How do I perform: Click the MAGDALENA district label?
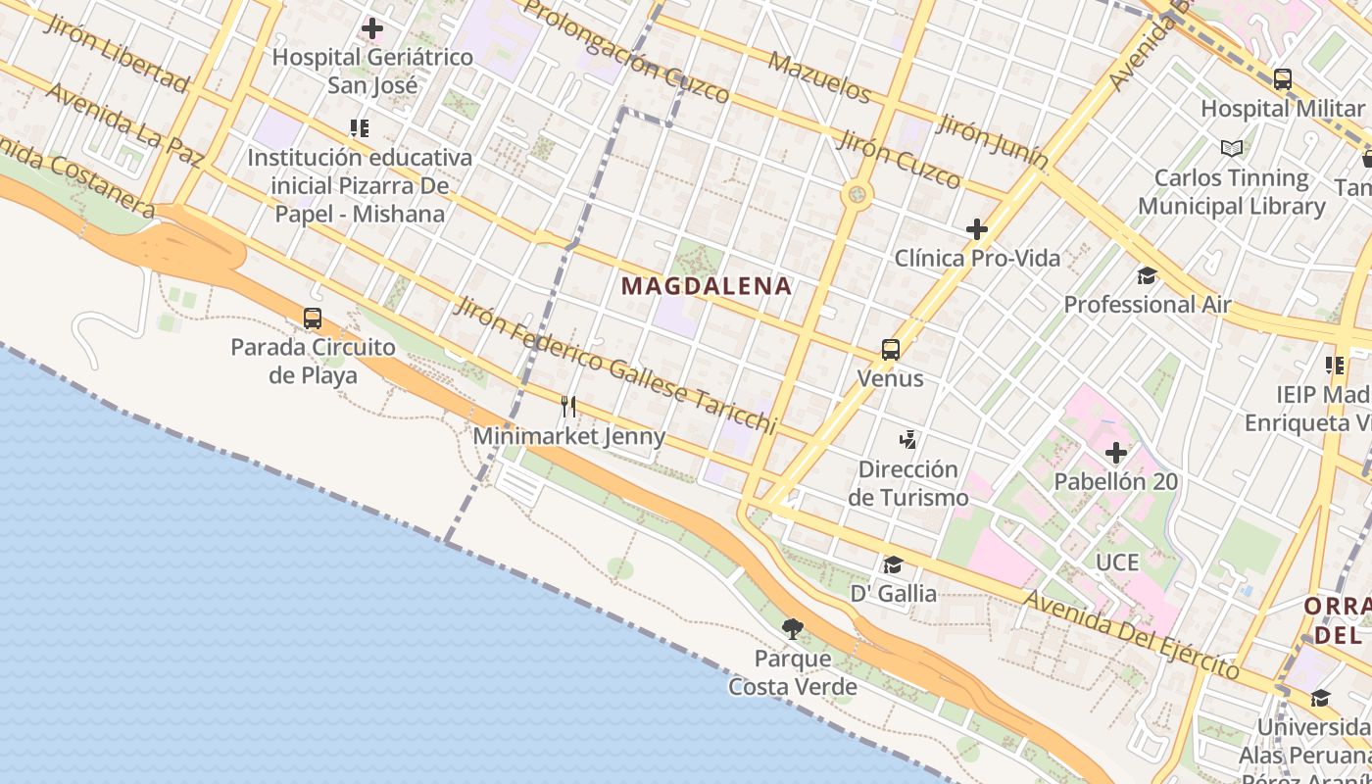coord(707,286)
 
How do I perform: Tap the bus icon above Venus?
coord(890,350)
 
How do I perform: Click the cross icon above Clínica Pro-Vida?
coord(976,230)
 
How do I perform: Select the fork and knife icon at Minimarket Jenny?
coord(567,407)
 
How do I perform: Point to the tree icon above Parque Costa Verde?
coord(792,629)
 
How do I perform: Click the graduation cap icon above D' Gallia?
coord(892,565)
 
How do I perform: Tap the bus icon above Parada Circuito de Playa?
coord(313,318)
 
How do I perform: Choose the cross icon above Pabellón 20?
coord(1115,453)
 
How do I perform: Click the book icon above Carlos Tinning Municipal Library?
coord(1232,149)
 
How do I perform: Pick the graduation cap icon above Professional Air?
coord(1147,276)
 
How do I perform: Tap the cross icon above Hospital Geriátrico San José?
coord(372,28)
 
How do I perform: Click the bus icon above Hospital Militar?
coord(1282,79)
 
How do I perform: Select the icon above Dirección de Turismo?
coord(908,440)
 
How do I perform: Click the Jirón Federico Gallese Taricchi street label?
coord(614,366)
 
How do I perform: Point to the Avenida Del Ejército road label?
coord(1131,634)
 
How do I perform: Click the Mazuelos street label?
coord(819,78)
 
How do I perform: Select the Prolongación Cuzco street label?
coord(627,51)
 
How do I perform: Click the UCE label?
coord(1118,563)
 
